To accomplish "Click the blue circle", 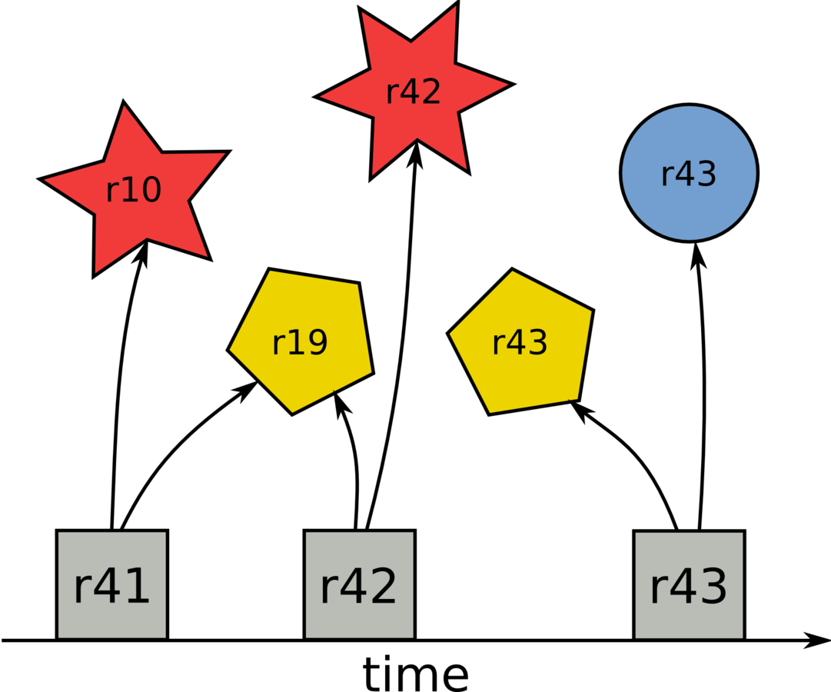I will point(689,173).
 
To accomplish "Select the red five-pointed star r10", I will point(132,191).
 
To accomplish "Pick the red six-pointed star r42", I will point(414,91).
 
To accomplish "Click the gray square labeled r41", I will point(112,585).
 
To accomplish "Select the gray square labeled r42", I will point(360,585).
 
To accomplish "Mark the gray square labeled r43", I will point(689,585).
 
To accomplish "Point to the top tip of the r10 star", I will point(124,108).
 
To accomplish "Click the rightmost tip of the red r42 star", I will point(506,85).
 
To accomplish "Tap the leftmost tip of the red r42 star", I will point(322,97).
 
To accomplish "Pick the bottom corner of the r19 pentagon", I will point(293,411).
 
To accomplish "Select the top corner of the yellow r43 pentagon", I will point(513,272).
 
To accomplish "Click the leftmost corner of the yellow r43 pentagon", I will point(451,334).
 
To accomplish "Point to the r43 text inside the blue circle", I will point(689,175).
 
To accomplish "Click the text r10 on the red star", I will point(133,190).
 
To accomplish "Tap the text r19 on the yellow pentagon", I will point(300,343).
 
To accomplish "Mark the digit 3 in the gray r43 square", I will point(711,587).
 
